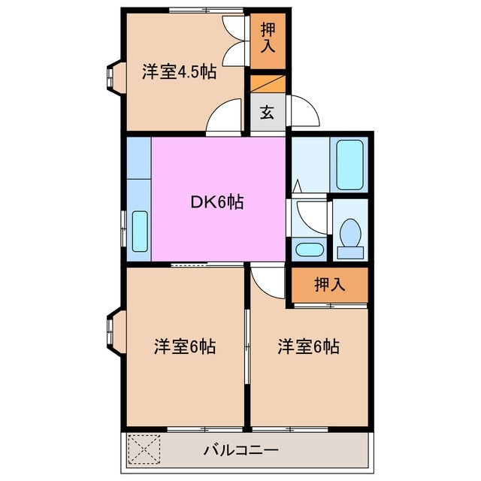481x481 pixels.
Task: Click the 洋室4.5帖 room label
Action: pos(180,72)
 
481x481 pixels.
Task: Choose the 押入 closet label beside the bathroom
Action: pos(330,286)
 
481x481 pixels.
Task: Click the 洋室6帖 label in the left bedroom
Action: pos(185,347)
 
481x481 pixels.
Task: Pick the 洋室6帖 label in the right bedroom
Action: pos(308,347)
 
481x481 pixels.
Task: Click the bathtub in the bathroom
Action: pos(350,163)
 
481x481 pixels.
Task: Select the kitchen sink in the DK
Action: pos(140,231)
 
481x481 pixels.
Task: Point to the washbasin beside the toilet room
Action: pos(307,249)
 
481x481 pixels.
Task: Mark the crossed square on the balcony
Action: pos(144,451)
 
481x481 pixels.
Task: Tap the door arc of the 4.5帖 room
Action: pos(225,119)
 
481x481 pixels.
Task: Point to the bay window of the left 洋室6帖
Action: pos(113,331)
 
